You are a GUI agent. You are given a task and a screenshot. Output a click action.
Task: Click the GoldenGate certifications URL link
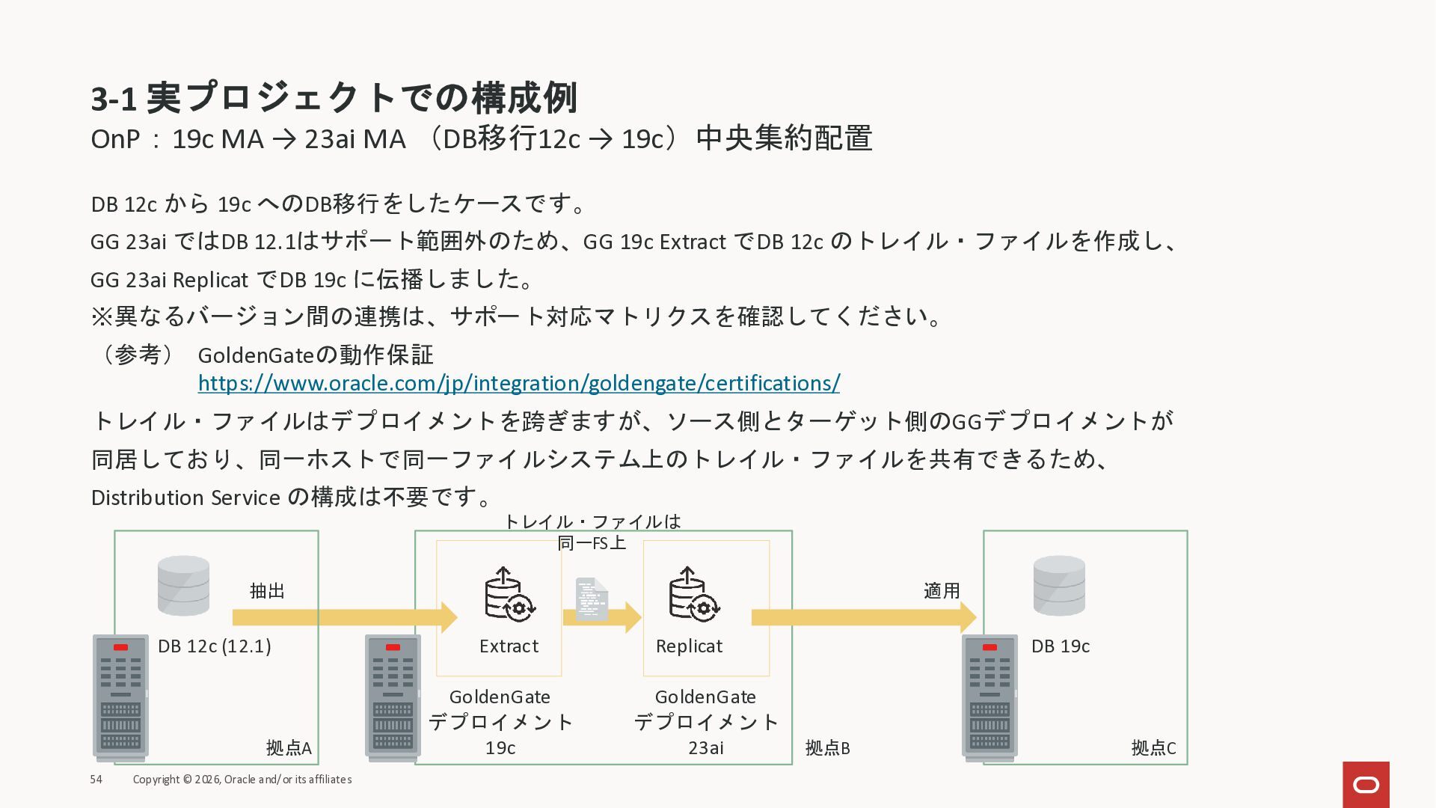tap(518, 383)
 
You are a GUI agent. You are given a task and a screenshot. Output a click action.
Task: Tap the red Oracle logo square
tap(1366, 784)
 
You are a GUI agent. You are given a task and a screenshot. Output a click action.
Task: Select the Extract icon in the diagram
tap(509, 594)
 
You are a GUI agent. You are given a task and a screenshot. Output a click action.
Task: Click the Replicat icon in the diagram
tap(693, 594)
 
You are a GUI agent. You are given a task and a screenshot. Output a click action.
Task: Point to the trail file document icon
tap(592, 599)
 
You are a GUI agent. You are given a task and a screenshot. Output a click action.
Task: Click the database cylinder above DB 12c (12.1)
tap(183, 585)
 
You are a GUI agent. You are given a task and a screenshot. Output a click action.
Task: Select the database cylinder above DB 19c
tap(1058, 585)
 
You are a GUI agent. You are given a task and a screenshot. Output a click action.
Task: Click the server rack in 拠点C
tap(989, 697)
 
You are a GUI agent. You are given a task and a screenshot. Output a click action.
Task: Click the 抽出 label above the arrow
tap(267, 591)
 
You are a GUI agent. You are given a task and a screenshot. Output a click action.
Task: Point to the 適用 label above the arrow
tap(942, 591)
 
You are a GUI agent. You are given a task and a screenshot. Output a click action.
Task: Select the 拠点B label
tap(827, 748)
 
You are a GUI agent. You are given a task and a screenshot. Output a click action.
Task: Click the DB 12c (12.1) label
tap(214, 646)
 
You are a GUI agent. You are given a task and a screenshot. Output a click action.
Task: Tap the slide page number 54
tap(96, 780)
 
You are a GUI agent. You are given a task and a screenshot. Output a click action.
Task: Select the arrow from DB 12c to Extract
tap(344, 617)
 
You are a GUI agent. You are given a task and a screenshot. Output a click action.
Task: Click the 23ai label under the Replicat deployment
tap(705, 748)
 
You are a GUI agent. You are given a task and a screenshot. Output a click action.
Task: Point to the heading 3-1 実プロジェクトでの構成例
tap(334, 98)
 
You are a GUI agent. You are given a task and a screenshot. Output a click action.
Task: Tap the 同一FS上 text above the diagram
tap(592, 542)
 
